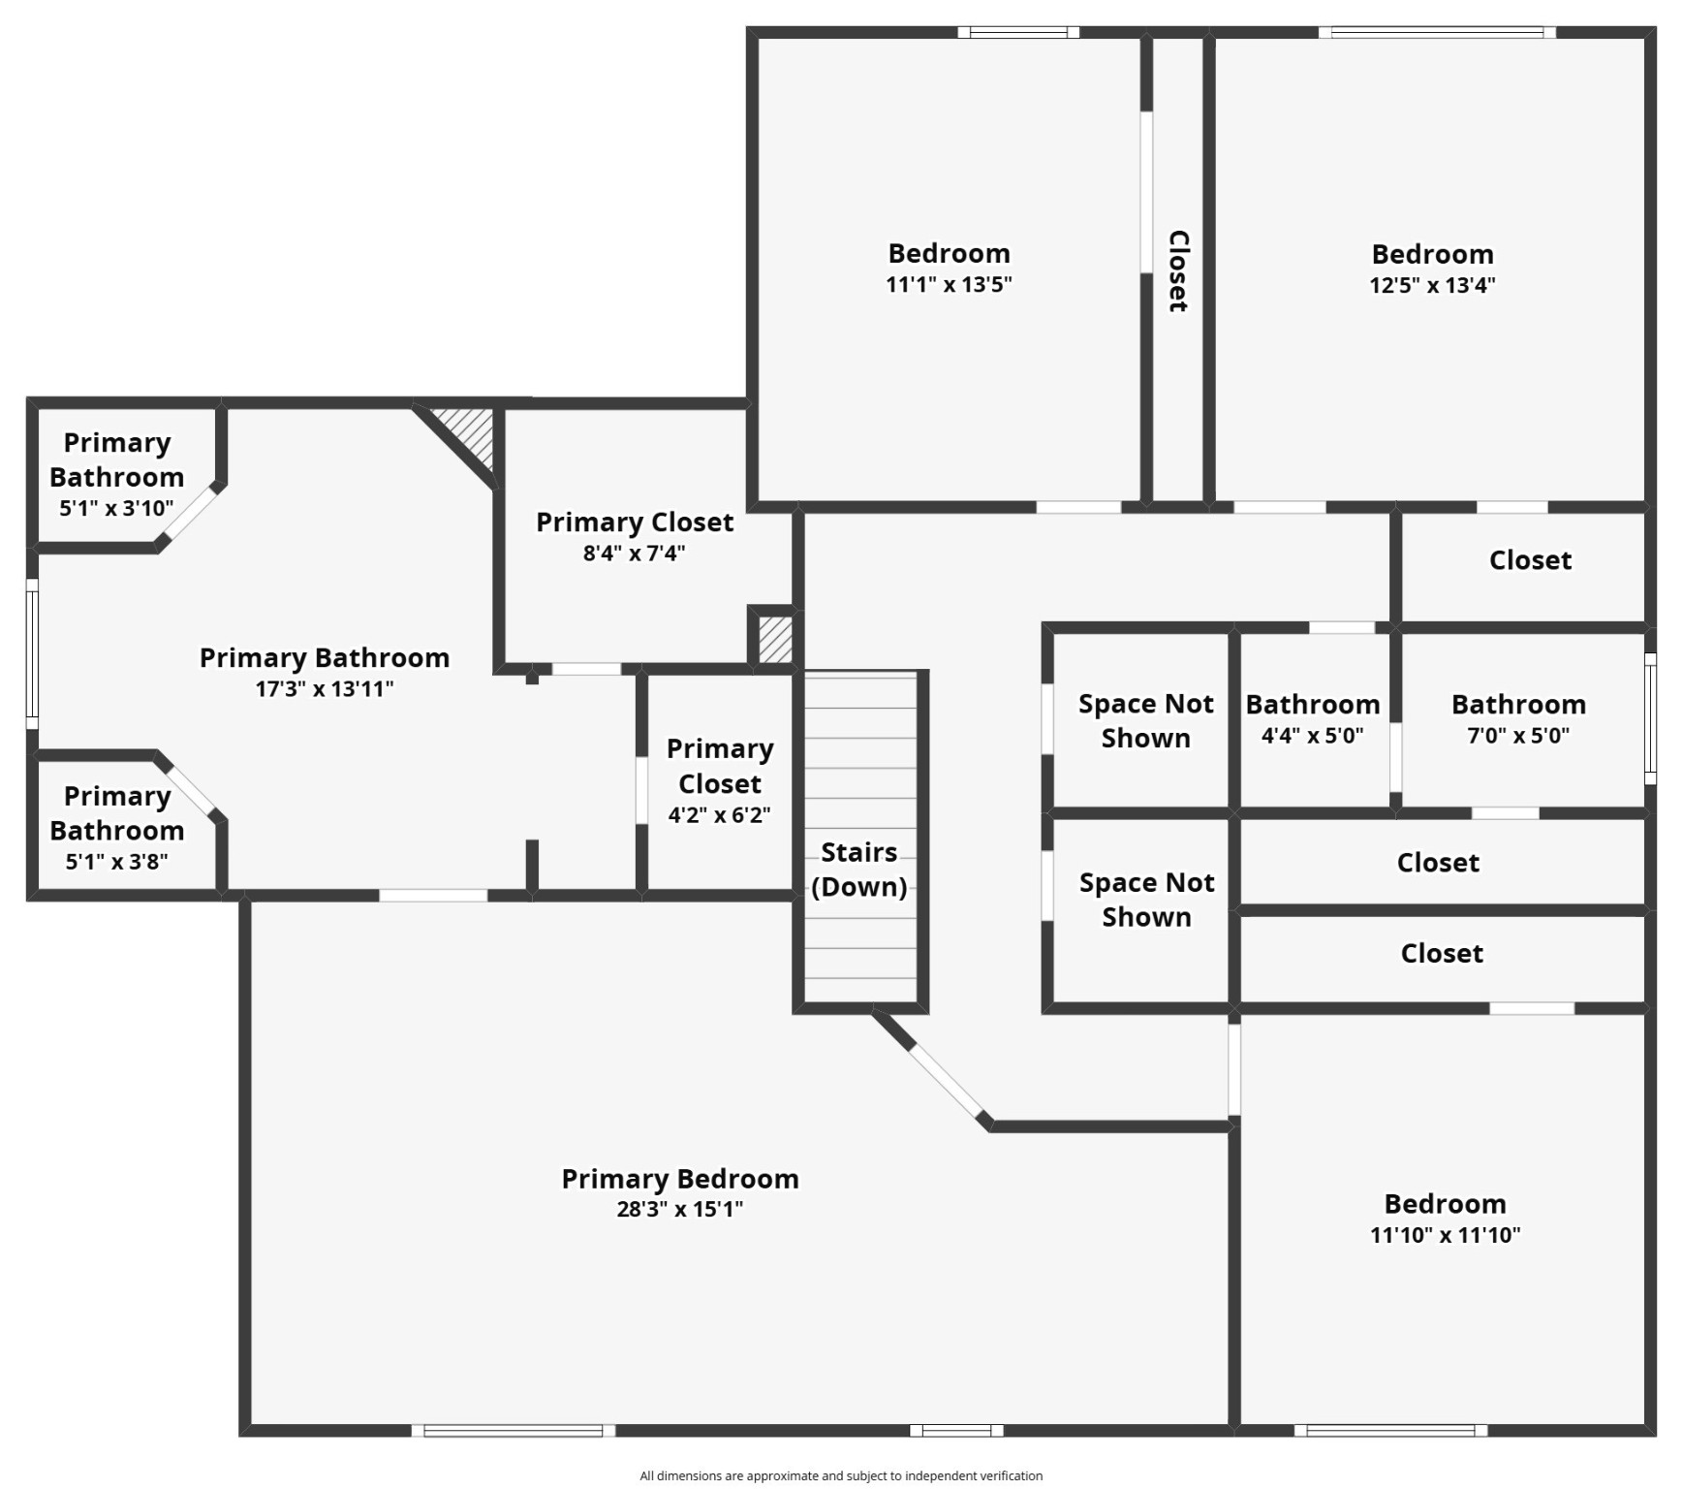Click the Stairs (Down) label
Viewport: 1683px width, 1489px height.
tap(858, 870)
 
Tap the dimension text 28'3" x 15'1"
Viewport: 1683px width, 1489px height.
tap(679, 1209)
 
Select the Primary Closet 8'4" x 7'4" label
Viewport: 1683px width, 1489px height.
tap(635, 536)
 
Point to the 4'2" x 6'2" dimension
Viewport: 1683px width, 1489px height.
tap(719, 815)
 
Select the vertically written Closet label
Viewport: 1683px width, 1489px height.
tap(1177, 271)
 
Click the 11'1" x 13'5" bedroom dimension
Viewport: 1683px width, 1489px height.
tap(949, 284)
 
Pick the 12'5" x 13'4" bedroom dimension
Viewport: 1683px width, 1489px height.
tap(1431, 285)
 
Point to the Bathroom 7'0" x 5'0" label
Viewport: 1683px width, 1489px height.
tap(1517, 718)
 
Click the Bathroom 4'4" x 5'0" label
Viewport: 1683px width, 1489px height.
tap(1312, 718)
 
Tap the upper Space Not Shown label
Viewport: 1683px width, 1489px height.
tap(1145, 720)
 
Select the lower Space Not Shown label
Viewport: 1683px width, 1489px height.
tap(1146, 900)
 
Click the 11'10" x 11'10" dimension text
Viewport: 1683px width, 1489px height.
tap(1445, 1235)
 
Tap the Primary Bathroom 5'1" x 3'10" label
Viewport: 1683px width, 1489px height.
tap(116, 474)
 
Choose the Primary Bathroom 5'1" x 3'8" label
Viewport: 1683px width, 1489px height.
tap(116, 828)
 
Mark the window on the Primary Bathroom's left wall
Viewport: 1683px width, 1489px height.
tap(32, 654)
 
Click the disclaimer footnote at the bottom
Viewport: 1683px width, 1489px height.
tap(841, 1475)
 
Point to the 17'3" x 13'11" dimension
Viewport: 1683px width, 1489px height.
tap(324, 689)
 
